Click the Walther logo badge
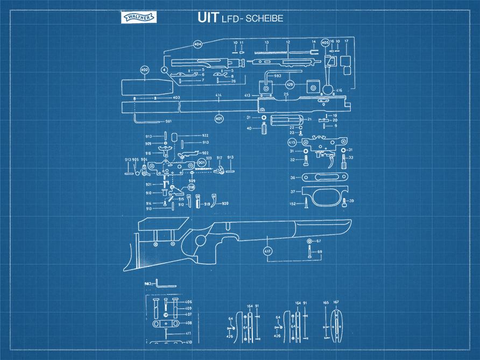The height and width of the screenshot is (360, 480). (x=139, y=18)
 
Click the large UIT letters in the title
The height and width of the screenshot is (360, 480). (x=208, y=18)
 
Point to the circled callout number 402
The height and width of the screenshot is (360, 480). (x=144, y=70)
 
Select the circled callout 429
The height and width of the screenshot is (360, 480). (x=290, y=84)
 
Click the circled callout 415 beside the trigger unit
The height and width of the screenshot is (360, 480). (x=292, y=142)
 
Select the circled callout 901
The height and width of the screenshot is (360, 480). (x=201, y=162)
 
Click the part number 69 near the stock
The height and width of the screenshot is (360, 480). (x=320, y=252)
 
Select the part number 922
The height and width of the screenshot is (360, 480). (x=205, y=135)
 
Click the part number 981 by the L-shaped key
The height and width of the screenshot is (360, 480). (x=168, y=122)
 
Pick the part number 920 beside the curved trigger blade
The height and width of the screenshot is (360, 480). (x=225, y=203)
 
